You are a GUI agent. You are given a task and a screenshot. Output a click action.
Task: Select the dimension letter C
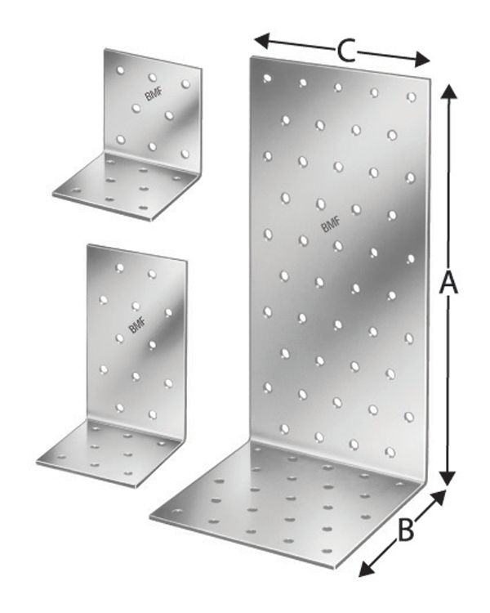click(345, 51)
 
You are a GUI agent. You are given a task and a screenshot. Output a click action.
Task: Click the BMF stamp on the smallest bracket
click(153, 95)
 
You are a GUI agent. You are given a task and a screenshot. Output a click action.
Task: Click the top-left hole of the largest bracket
click(266, 78)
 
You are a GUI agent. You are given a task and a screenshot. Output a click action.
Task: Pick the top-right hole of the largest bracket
click(411, 96)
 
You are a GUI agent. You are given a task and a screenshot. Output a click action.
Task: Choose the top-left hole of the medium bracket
click(119, 267)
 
